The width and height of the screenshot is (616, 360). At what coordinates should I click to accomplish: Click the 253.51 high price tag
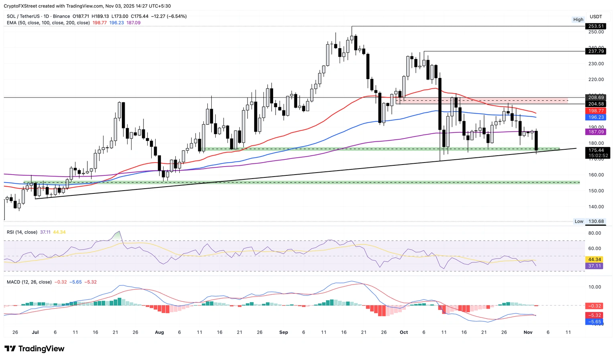coord(596,26)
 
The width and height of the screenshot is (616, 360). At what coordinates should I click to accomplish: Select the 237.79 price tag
coord(596,51)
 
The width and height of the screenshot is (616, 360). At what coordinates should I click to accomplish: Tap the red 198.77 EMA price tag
coord(596,111)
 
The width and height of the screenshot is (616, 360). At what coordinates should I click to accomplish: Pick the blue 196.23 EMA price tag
coord(596,117)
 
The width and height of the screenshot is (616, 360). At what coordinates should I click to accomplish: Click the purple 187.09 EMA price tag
coord(596,132)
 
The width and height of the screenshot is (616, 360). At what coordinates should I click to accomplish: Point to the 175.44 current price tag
coord(596,150)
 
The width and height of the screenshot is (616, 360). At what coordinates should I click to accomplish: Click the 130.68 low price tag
coord(596,221)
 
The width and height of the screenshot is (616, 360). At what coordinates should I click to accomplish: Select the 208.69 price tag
coord(596,98)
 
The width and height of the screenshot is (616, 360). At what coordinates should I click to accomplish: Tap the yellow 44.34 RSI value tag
coord(594,260)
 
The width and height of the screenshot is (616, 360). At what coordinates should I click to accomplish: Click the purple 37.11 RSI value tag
coord(594,266)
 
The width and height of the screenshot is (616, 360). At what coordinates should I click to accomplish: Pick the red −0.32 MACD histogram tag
coord(594,306)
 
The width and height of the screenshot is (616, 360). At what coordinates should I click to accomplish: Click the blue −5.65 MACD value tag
coord(594,321)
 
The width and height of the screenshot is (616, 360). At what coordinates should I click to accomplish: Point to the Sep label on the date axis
coord(284,332)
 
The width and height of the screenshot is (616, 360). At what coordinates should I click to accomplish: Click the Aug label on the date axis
coord(159,332)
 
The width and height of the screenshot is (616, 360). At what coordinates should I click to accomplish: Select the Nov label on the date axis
coord(528,332)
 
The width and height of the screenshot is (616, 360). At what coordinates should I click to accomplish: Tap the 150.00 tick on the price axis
coord(596,191)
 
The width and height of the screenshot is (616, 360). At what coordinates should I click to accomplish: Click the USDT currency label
coord(596,16)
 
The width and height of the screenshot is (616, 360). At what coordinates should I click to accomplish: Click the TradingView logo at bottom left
coord(34,349)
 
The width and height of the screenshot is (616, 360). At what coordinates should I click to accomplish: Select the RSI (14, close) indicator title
coord(22,232)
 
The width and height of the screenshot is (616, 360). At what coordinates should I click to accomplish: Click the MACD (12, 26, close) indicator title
coord(29,282)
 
